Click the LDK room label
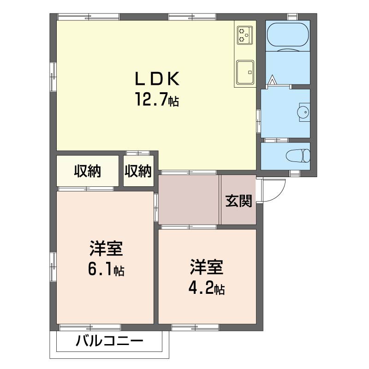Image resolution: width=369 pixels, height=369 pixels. tap(157, 78)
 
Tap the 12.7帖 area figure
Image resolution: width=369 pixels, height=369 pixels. tap(157, 99)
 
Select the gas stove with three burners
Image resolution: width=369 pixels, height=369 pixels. tap(245, 35)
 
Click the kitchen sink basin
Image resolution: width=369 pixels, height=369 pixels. tap(245, 72)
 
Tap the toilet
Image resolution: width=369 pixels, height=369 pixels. tap(298, 155)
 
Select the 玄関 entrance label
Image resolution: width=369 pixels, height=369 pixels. tap(238, 201)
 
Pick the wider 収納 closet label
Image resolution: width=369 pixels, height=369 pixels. tap(88, 171)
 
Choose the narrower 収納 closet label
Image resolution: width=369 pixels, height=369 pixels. tap(138, 171)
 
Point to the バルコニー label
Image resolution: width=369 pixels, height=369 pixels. tap(109, 341)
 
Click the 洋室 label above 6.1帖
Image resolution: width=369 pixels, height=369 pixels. tap(106, 249)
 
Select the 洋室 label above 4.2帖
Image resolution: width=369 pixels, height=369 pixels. tap(206, 267)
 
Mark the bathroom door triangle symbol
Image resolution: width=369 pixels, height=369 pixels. tap(272, 79)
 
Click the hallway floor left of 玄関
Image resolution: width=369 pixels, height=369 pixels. tap(188, 200)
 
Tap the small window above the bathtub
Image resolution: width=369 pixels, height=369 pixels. tap(292, 17)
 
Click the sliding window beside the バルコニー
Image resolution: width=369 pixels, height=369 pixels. tap(90, 327)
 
